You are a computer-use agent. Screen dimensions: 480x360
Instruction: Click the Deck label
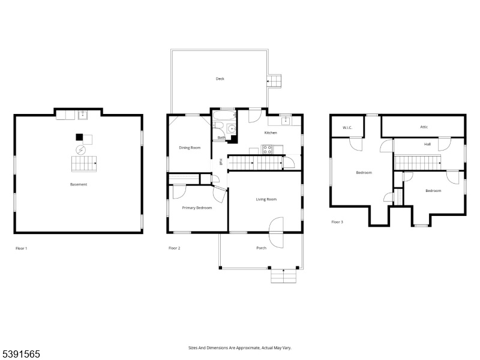[x=220, y=79]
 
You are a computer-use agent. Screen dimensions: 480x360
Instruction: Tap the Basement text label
[x=79, y=184]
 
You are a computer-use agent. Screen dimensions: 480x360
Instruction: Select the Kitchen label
[x=271, y=133]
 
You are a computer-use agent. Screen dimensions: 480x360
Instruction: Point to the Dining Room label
[x=190, y=148]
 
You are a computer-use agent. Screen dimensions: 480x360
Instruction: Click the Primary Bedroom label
[x=197, y=208]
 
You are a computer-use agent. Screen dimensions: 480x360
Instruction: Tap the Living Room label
[x=266, y=199]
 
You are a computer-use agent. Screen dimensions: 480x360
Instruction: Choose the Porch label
[x=261, y=248]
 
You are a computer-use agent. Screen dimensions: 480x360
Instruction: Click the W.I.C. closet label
[x=347, y=127]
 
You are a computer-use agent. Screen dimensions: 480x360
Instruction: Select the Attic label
[x=424, y=127]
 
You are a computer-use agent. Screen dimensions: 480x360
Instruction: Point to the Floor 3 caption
[x=337, y=222]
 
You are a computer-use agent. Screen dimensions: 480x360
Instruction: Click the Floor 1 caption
[x=22, y=248]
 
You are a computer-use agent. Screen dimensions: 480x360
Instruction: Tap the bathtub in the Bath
[x=224, y=115]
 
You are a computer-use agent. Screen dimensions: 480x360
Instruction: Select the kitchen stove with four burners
[x=267, y=149]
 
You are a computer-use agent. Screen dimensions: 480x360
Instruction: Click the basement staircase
[x=84, y=163]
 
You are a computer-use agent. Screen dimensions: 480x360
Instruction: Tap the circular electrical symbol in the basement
[x=81, y=150]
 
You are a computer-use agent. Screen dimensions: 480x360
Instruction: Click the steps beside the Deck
[x=274, y=81]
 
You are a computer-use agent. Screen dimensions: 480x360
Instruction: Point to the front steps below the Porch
[x=284, y=276]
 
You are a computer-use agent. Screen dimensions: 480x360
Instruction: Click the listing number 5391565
[x=20, y=354]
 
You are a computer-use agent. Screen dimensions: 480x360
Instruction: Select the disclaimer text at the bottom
[x=239, y=348]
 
